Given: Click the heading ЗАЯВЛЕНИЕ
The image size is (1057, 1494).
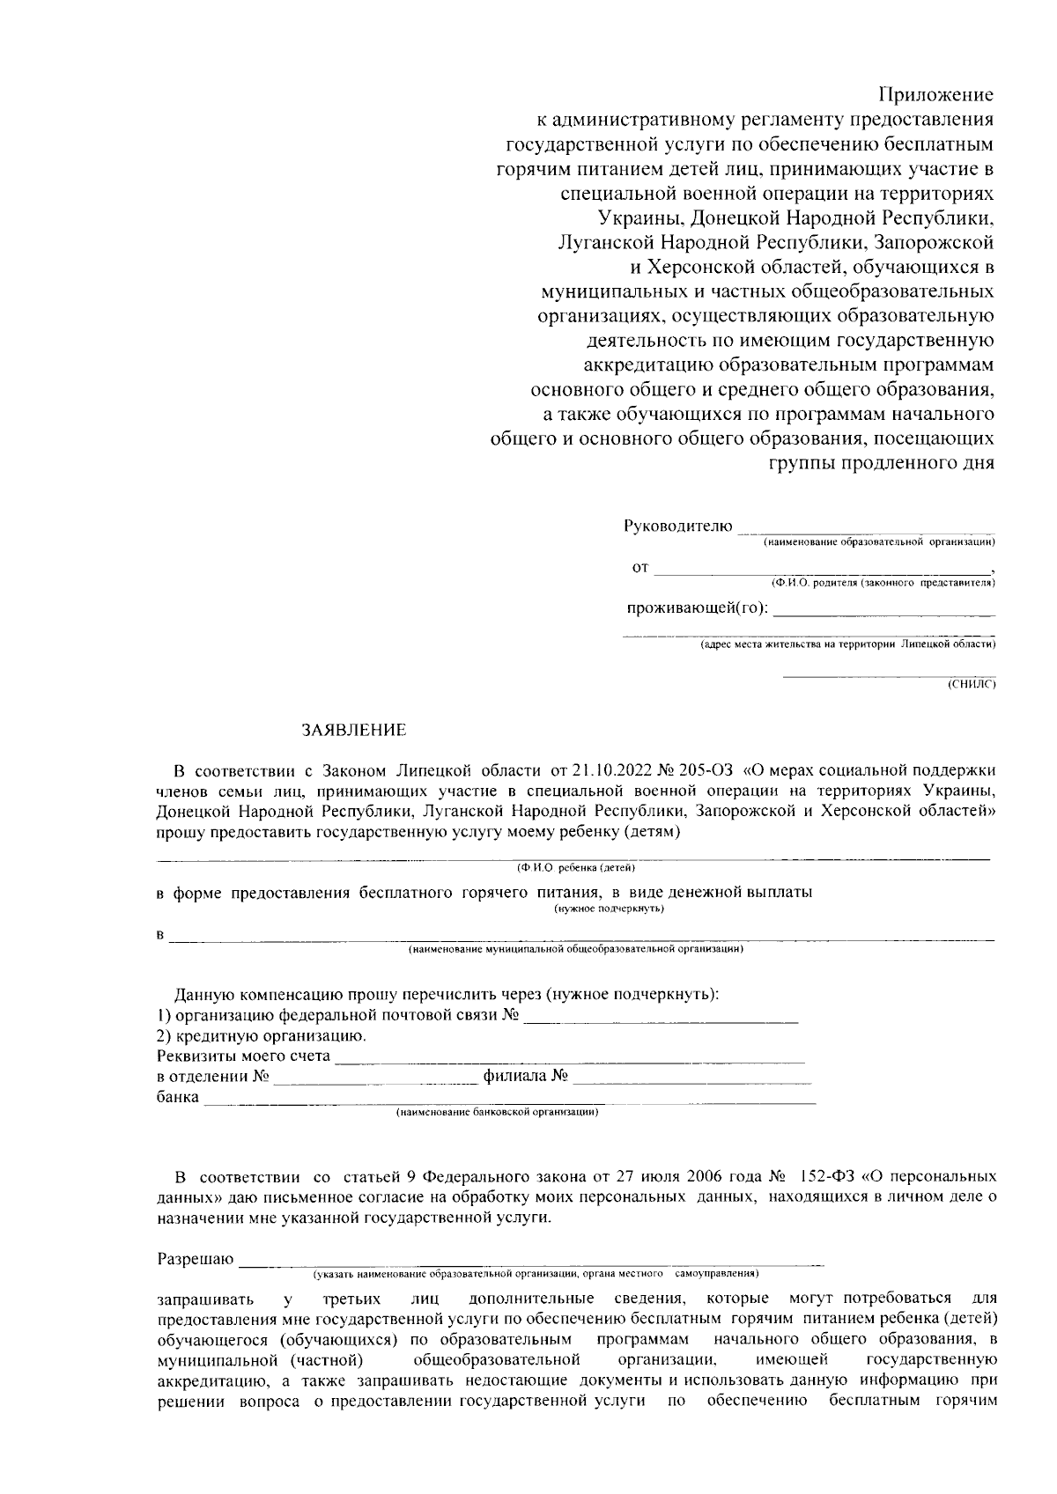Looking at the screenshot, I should coord(354,730).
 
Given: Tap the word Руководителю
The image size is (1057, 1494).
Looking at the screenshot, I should coord(678,526).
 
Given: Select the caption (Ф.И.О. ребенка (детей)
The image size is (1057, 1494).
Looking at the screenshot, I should coord(582,868).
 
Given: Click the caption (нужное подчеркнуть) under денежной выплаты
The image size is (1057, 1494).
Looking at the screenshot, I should coord(609,909).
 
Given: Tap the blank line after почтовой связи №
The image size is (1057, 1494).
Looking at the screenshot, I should coord(662,1019).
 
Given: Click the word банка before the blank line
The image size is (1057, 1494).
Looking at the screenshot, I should coord(178,1098).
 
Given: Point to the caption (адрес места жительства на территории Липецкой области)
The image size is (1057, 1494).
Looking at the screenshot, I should coord(847,644).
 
